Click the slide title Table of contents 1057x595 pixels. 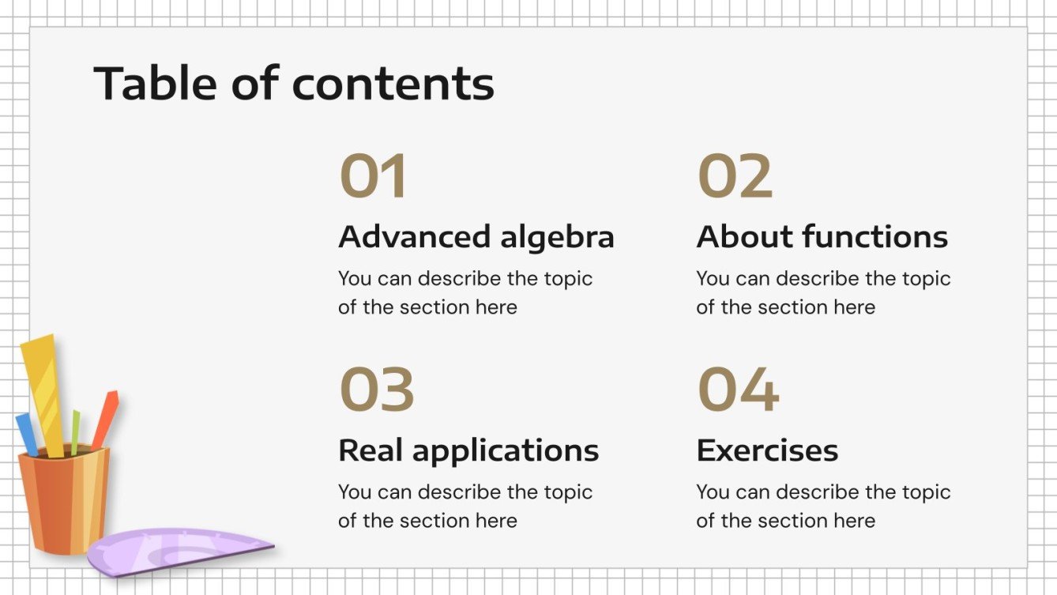coord(294,83)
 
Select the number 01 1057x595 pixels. coord(373,176)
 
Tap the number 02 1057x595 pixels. coord(735,176)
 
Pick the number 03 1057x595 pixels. coord(377,390)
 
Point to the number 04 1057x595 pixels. coord(738,390)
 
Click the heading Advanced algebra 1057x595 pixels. coord(476,237)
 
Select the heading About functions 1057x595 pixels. coord(822,237)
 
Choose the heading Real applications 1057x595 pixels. coord(468,450)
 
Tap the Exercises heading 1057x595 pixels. coord(767,450)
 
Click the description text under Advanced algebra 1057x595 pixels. coord(465,292)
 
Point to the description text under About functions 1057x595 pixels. coord(822,292)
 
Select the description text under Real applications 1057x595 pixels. coord(465,506)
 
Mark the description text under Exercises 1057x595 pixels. coord(822,506)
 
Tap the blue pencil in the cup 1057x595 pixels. coord(26,433)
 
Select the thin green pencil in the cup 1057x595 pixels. coord(75,431)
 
